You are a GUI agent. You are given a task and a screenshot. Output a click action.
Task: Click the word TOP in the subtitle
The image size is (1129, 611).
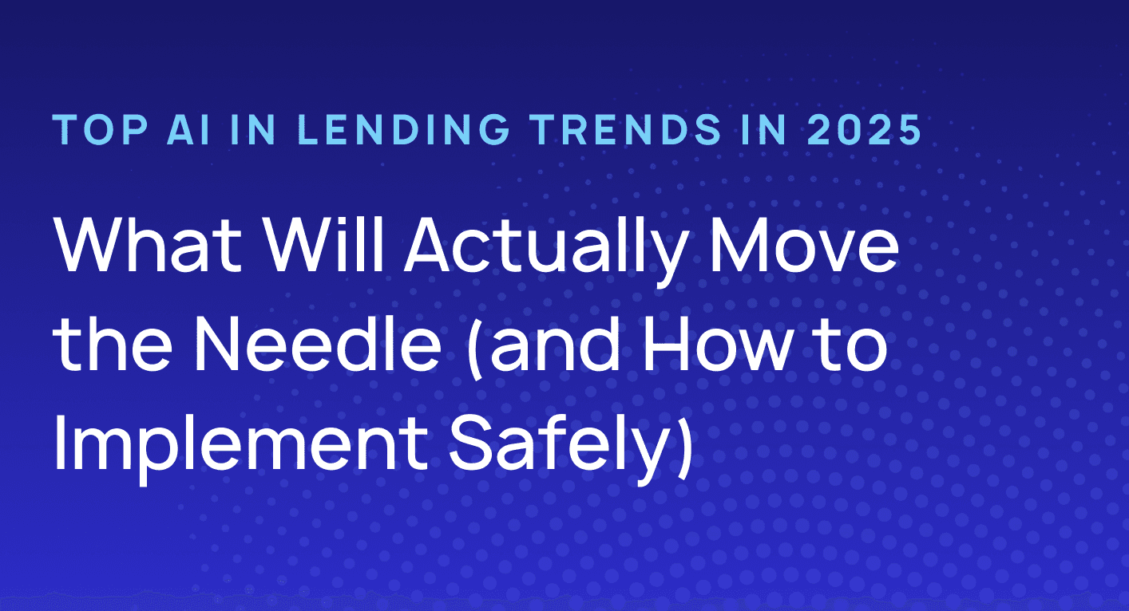tap(89, 131)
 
